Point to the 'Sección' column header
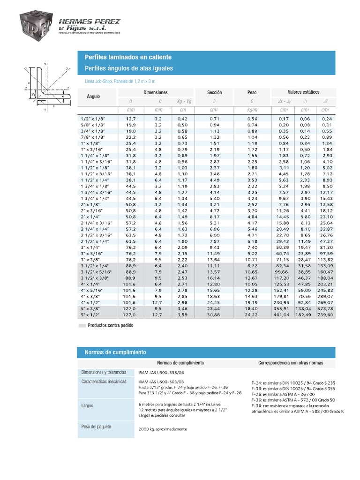(x=214, y=93)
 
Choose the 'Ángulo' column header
(x=94, y=97)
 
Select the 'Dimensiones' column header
(x=155, y=93)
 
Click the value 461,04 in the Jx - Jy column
(x=281, y=315)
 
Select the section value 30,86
(x=214, y=315)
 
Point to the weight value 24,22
(x=252, y=315)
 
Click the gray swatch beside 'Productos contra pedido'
(x=82, y=325)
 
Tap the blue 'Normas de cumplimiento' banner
(x=206, y=352)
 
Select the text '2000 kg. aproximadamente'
(x=163, y=429)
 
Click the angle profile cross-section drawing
(x=47, y=87)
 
